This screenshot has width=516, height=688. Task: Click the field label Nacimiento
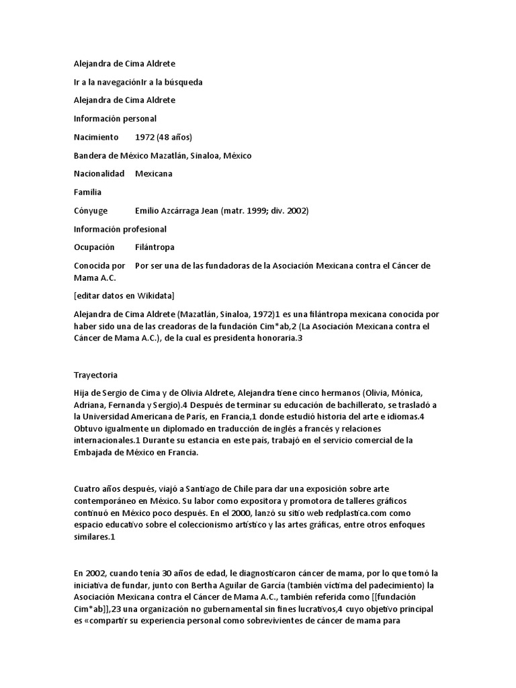[95, 137]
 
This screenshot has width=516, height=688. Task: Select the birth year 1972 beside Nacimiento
[145, 137]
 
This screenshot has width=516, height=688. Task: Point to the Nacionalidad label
[99, 173]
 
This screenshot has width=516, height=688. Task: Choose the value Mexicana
[153, 173]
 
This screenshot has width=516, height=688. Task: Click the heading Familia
[87, 192]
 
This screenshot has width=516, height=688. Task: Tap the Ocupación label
[94, 247]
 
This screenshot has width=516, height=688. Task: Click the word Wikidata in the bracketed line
[153, 296]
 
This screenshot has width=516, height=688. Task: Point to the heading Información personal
[115, 118]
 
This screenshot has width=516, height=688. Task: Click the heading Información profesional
[120, 229]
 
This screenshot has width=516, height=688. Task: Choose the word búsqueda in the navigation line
[181, 82]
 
